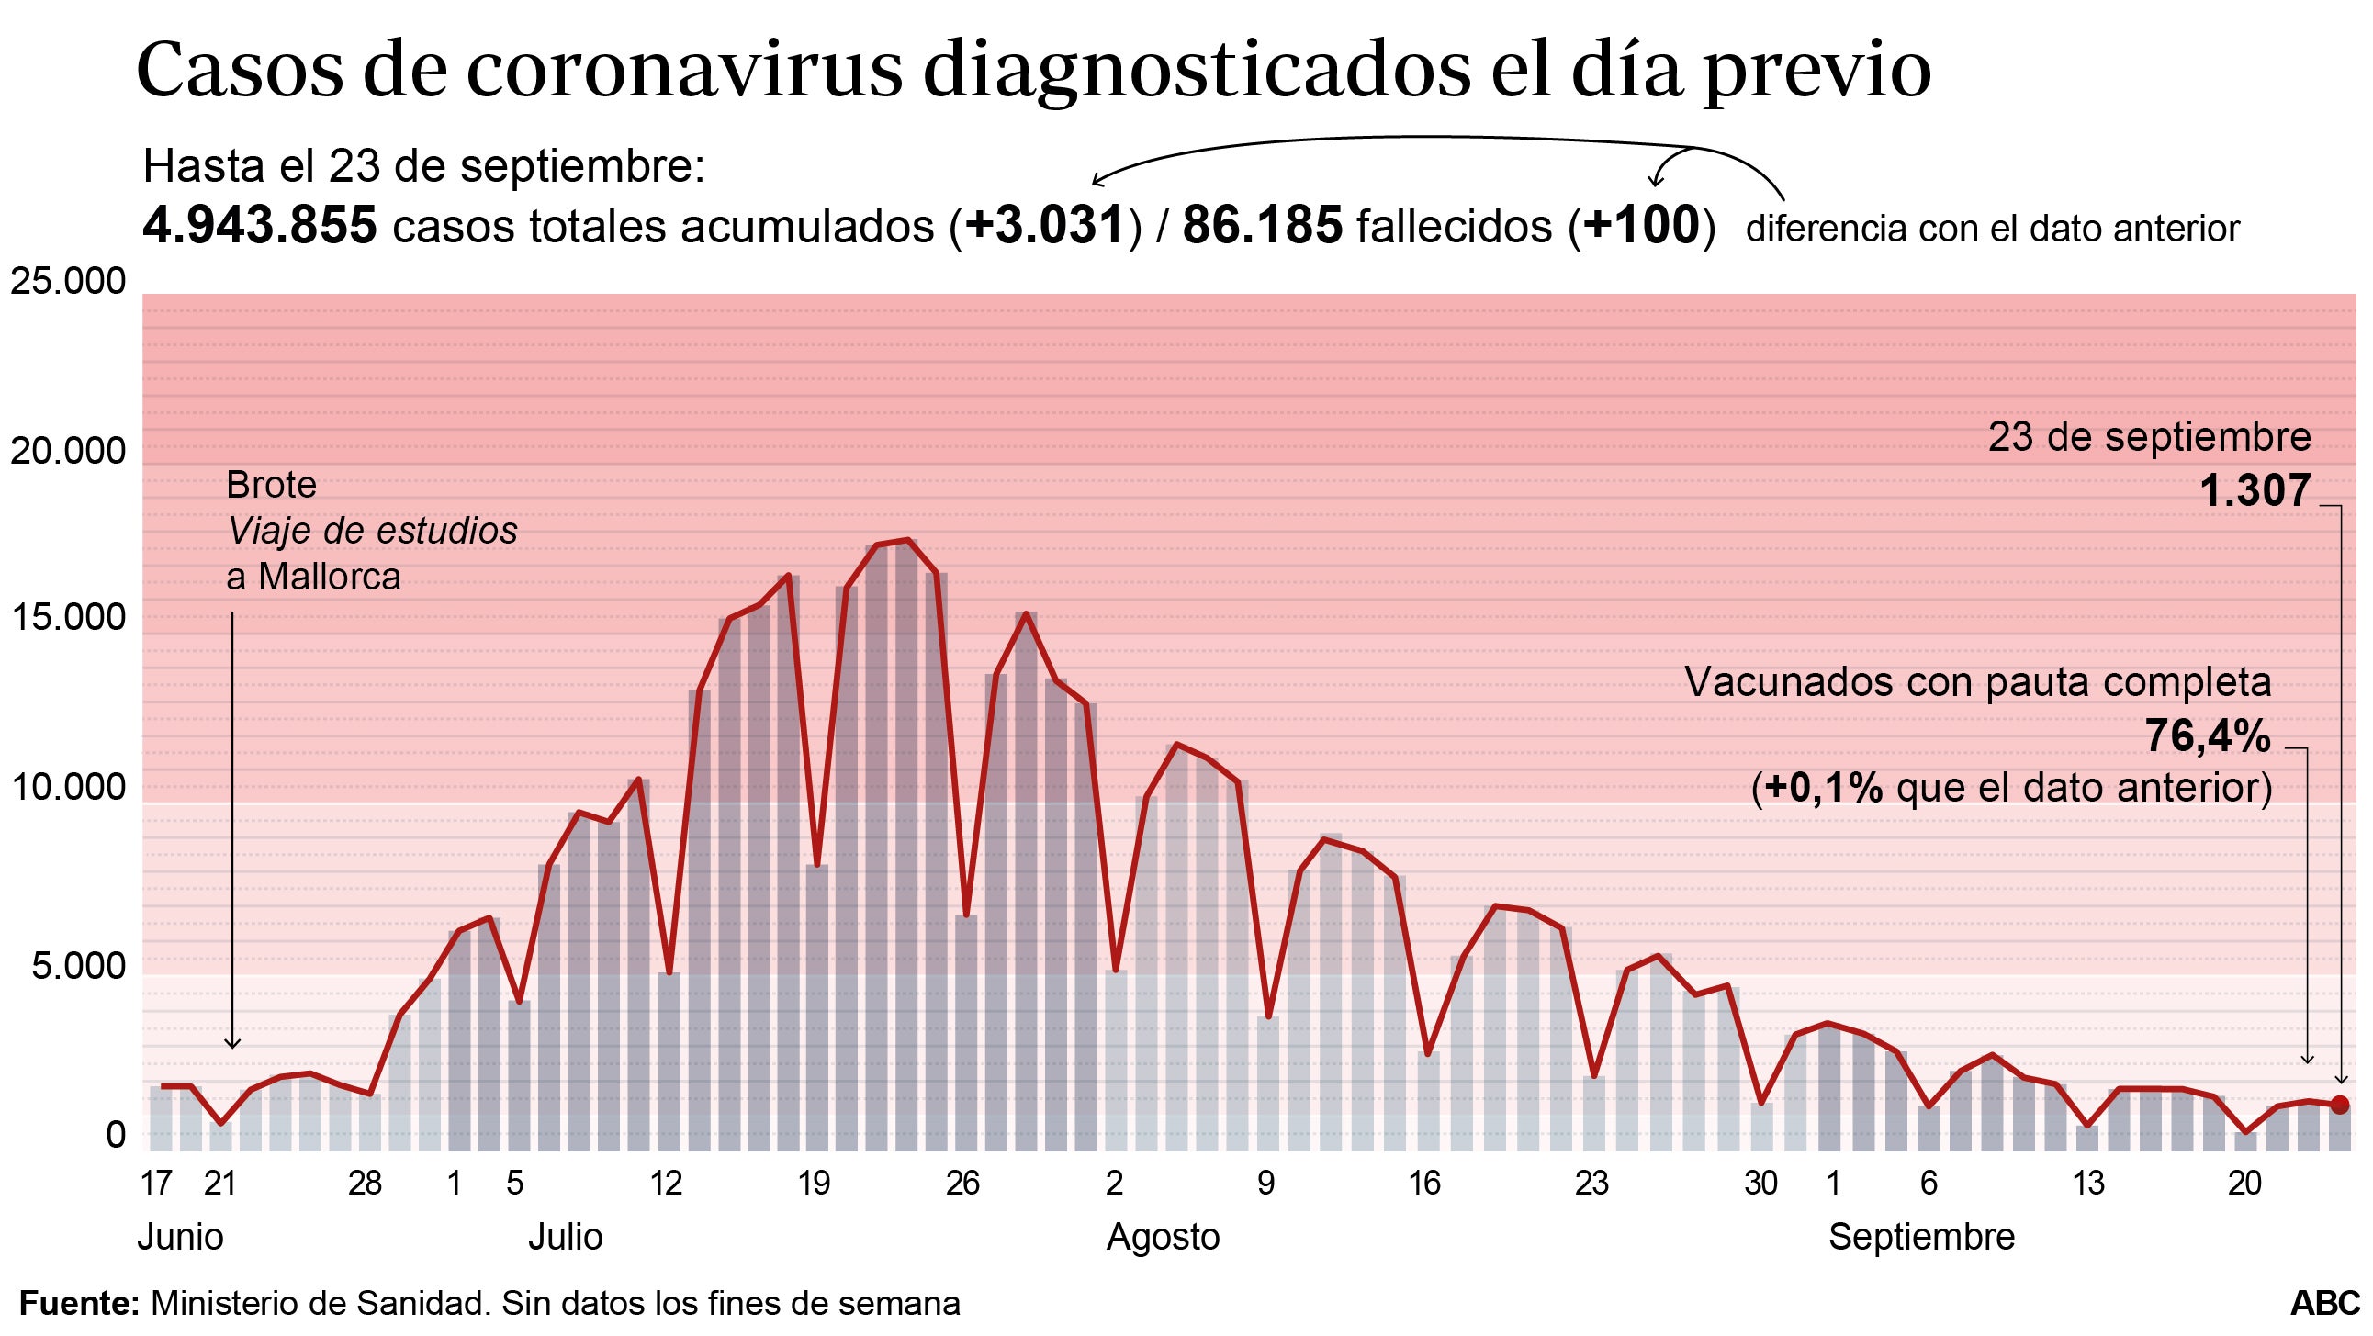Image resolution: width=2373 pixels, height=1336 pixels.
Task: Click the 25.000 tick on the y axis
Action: (67, 281)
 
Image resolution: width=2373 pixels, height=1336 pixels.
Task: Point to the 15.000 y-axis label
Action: (67, 617)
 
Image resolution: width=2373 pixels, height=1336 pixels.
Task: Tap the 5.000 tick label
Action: (78, 966)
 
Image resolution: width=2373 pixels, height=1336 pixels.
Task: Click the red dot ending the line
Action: (2339, 1105)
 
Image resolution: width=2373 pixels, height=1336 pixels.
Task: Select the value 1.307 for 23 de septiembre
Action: (2255, 490)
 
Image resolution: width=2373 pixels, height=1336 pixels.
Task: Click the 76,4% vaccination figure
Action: (2207, 735)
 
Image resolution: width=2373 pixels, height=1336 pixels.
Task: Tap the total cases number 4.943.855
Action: (260, 225)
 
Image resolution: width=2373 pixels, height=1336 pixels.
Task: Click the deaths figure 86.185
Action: (1262, 225)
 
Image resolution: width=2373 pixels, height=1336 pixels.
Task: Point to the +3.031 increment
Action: (1046, 225)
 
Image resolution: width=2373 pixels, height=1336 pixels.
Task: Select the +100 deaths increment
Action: (1642, 225)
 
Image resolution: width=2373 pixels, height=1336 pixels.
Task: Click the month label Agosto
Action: (1163, 1237)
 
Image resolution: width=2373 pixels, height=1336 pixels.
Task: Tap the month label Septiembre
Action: (1920, 1237)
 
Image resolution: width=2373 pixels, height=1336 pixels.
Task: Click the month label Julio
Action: (565, 1237)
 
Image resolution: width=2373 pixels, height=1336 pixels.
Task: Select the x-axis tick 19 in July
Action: (815, 1183)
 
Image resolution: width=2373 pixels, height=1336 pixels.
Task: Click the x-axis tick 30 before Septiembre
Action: (1760, 1183)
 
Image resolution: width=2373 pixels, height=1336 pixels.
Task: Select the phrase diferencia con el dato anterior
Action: (1992, 229)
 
